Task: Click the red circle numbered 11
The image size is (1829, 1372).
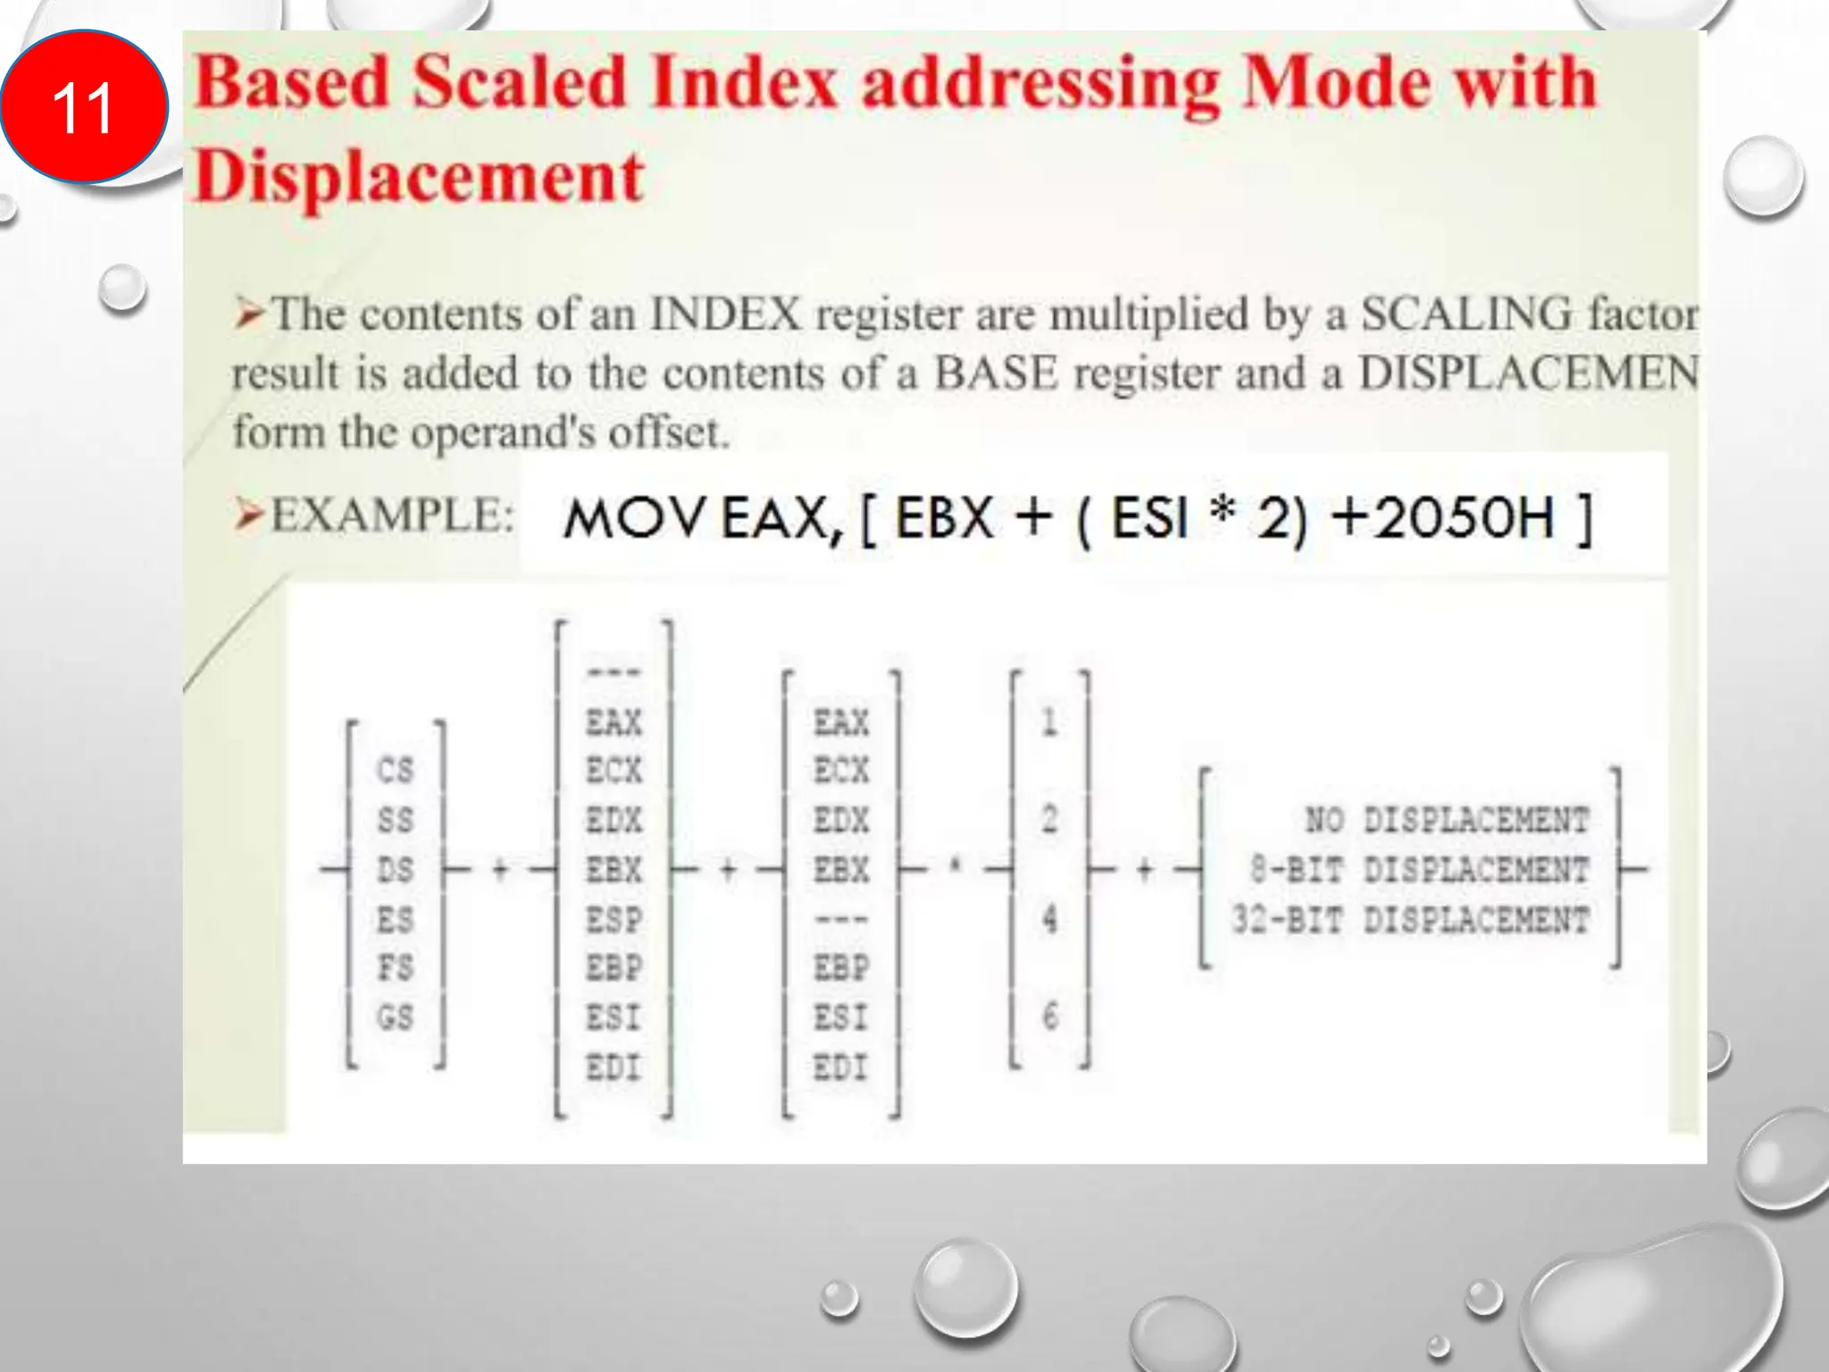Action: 83,107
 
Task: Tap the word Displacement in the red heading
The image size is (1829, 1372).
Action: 418,176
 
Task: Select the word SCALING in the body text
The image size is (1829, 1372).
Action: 1466,314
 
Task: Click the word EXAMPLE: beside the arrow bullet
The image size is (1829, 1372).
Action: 392,515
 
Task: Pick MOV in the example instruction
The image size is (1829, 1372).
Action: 633,518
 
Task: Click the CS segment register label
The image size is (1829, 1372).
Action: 396,770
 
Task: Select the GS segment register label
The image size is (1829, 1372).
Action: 396,1016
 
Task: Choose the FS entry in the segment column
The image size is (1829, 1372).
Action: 396,967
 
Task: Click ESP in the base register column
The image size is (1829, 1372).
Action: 614,919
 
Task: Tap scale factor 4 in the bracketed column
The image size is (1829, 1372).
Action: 1049,918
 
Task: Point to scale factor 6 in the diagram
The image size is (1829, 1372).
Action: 1049,1016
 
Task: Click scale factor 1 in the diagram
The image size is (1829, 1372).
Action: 1049,722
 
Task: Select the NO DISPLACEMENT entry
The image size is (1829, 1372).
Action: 1447,820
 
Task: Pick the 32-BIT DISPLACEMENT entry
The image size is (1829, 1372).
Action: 1411,919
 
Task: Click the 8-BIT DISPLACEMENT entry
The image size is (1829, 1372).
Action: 1420,869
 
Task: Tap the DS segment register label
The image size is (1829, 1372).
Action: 396,869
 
